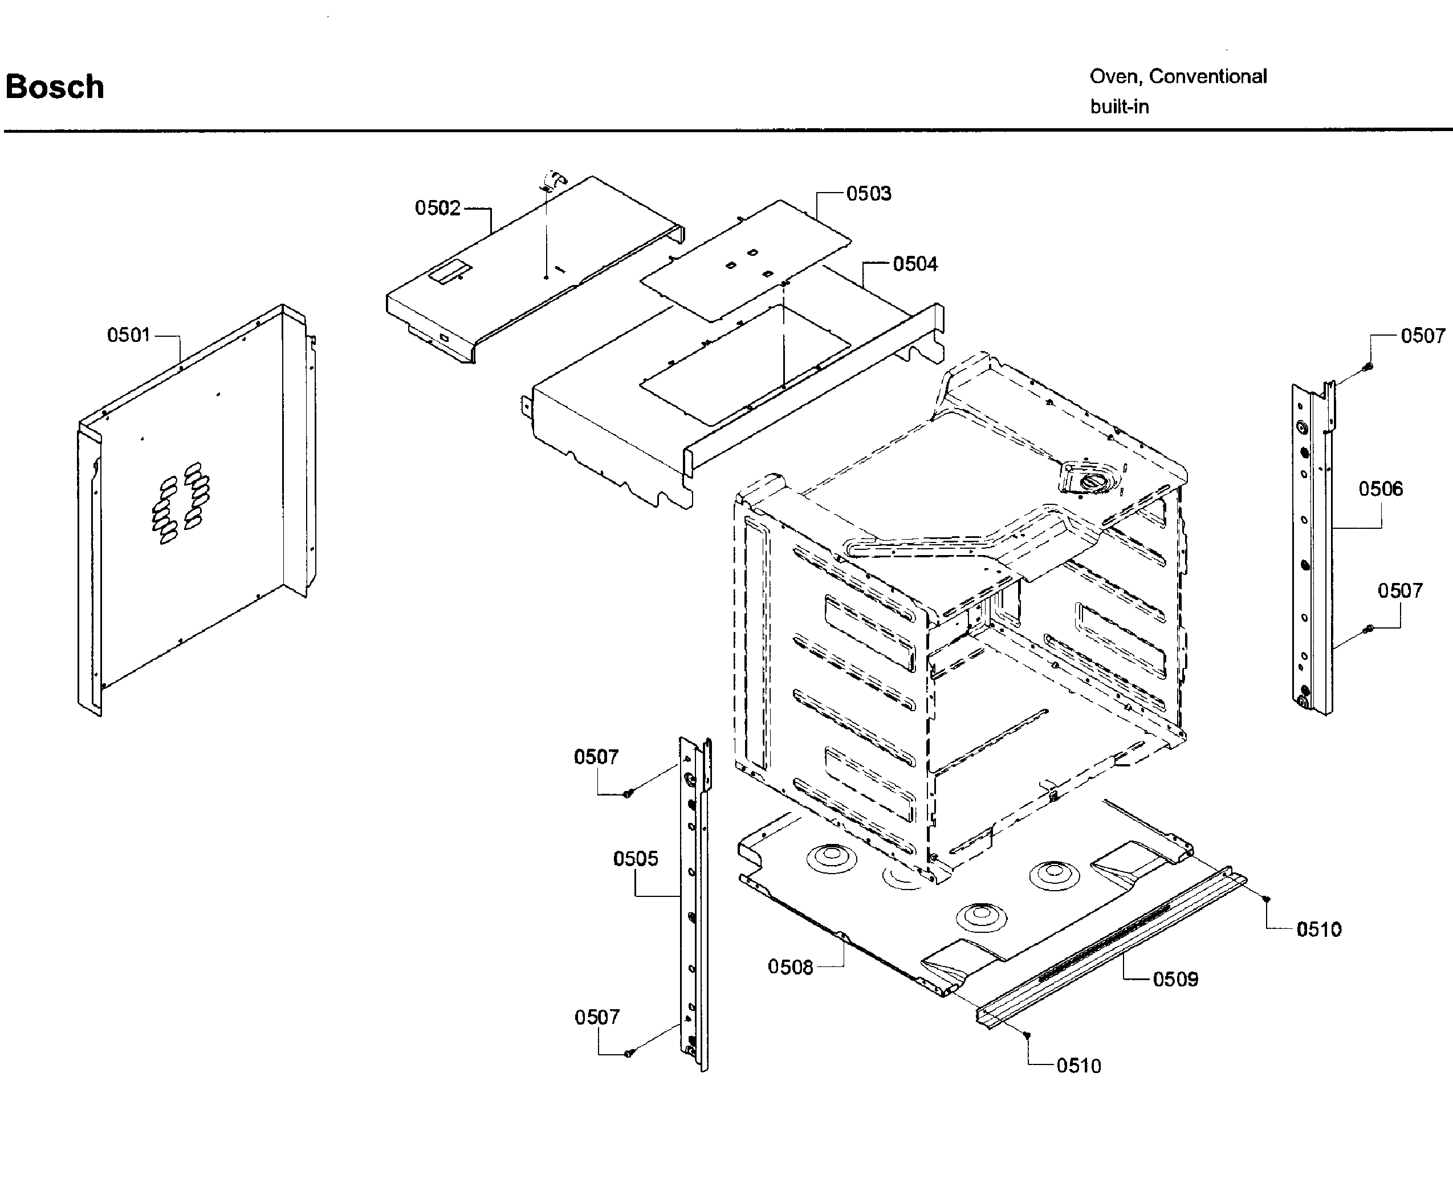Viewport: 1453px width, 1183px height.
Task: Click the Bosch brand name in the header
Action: tap(55, 87)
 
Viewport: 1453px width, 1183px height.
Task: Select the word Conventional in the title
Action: tap(1208, 76)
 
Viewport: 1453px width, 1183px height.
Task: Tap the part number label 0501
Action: tap(128, 335)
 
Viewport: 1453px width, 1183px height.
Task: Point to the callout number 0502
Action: tap(438, 208)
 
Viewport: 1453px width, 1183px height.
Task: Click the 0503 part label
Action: tap(868, 194)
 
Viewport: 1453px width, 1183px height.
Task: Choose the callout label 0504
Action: tap(914, 264)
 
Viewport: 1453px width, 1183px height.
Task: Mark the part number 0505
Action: tap(635, 859)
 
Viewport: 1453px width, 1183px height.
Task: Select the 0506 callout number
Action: tap(1380, 488)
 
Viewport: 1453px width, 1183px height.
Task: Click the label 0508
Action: tap(790, 967)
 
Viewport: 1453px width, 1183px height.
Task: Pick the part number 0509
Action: tap(1175, 979)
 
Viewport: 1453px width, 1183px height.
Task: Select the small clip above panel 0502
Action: tap(553, 181)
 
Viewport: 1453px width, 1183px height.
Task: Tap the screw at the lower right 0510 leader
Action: tap(1028, 1035)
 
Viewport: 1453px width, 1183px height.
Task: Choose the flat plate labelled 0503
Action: tap(746, 259)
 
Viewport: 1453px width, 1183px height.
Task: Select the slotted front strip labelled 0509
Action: tap(1111, 947)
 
